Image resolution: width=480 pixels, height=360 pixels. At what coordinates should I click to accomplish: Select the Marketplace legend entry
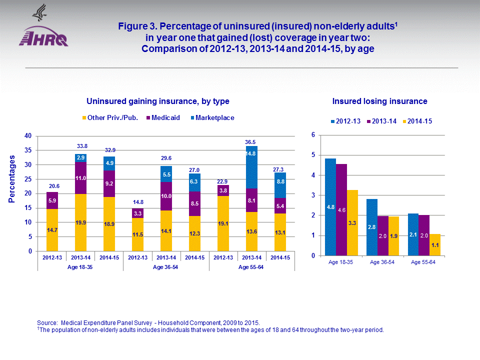point(214,118)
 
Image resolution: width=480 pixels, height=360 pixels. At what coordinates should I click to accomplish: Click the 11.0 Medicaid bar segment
point(80,178)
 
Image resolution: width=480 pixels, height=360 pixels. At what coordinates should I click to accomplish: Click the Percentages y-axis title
point(12,178)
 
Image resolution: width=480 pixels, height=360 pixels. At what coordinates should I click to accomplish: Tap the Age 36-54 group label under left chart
point(166,267)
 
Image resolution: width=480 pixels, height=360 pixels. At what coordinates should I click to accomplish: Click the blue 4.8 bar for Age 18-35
point(330,207)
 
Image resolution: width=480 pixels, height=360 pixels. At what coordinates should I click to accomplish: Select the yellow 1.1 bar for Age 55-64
point(435,244)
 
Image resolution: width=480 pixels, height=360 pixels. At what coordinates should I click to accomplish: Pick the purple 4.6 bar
point(341,209)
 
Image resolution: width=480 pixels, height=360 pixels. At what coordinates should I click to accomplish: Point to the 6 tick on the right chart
point(312,135)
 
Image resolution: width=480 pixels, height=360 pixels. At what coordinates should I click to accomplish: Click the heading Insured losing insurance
point(380,101)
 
